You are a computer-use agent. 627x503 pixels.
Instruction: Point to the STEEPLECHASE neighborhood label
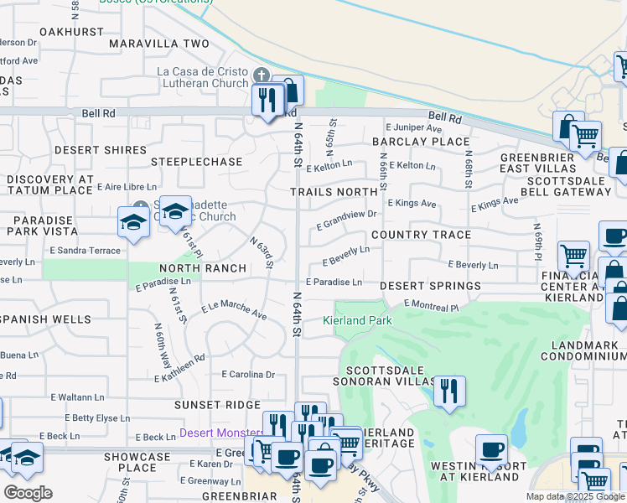[x=196, y=161]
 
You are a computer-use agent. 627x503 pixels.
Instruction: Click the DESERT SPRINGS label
[x=430, y=286]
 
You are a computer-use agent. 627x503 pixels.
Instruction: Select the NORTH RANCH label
[x=203, y=268]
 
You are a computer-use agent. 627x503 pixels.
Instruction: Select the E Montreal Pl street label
[x=431, y=305]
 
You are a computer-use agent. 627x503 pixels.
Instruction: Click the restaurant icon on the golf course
[x=449, y=392]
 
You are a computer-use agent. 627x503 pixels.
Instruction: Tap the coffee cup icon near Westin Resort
[x=491, y=449]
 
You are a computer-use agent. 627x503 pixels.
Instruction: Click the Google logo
[x=28, y=493]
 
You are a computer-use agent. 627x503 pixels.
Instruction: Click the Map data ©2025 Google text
[x=574, y=496]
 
